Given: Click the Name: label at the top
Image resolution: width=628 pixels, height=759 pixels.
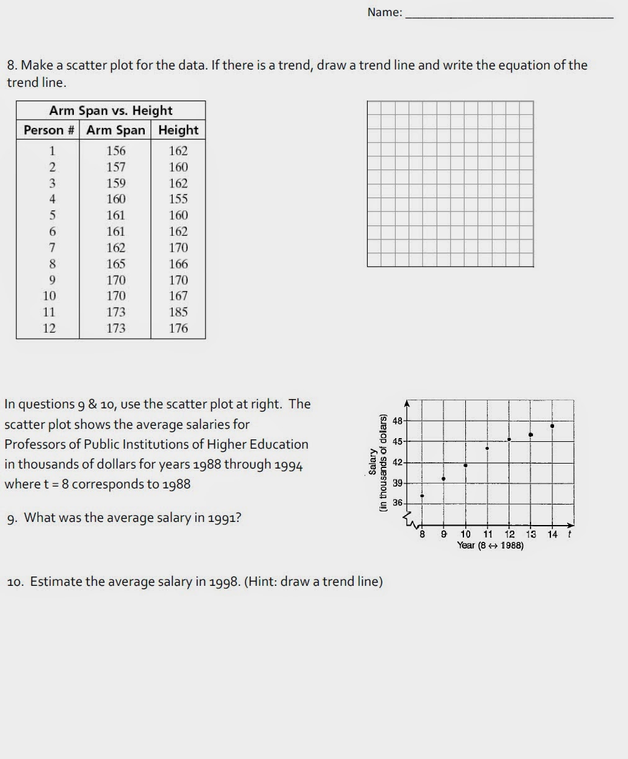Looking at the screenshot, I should (385, 12).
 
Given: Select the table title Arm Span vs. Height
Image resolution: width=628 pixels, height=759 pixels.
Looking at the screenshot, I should (111, 110).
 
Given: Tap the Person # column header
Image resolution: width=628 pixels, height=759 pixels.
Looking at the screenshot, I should (48, 130).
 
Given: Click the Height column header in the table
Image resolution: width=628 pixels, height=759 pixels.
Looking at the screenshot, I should (178, 130).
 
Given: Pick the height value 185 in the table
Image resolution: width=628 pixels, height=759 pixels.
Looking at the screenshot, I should (178, 312).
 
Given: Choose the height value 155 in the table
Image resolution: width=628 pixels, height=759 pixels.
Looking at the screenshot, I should (178, 199).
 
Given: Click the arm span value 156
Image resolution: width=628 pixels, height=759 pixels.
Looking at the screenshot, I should (116, 151).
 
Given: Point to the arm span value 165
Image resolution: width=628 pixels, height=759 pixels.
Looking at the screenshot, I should (116, 264).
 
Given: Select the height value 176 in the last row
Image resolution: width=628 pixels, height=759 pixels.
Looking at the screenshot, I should (178, 328).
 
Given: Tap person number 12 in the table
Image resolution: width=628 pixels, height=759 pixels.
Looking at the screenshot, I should (49, 328).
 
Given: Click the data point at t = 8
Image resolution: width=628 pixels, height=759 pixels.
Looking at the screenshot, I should (422, 496).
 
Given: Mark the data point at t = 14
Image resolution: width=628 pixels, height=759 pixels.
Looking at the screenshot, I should (552, 426).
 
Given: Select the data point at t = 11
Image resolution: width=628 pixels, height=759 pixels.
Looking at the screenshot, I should (487, 448).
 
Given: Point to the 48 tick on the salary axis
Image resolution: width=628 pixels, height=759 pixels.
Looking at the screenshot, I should (398, 421).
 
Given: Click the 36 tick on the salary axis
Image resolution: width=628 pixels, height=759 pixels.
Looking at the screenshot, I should (398, 503).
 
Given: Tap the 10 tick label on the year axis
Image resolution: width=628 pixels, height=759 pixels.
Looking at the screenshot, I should (465, 534).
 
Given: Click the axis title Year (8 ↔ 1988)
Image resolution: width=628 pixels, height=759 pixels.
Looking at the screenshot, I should (490, 546).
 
